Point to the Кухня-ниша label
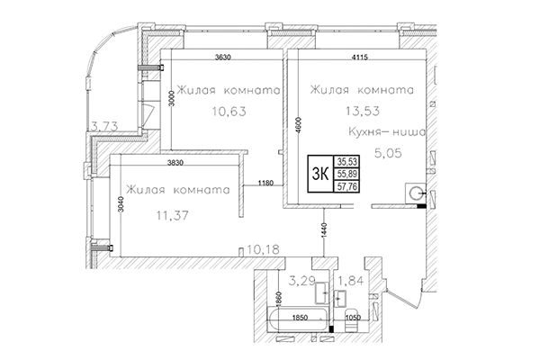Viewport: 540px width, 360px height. (x=376, y=132)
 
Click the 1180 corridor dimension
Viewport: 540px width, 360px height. (x=265, y=184)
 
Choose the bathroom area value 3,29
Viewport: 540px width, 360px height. (x=301, y=266)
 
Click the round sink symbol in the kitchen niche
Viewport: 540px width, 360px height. (x=415, y=192)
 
